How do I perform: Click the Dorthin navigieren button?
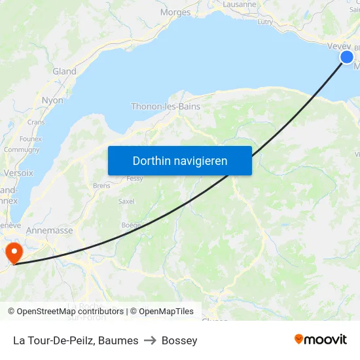[180, 160]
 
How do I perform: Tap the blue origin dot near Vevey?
[347, 58]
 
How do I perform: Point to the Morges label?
[175, 12]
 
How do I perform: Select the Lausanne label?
[240, 4]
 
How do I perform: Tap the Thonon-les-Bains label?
[166, 106]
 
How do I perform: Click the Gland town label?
[64, 71]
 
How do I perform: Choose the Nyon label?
[52, 101]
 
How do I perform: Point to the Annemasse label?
[49, 230]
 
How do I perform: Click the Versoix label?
[18, 173]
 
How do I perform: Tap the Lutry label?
[265, 22]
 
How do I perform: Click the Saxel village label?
[126, 202]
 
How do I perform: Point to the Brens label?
[101, 186]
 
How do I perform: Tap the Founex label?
[31, 139]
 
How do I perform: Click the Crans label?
[36, 122]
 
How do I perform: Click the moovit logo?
[321, 339]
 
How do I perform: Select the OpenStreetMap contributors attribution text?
[70, 312]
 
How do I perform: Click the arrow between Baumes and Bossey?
[150, 340]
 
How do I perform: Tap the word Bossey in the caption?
[179, 340]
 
